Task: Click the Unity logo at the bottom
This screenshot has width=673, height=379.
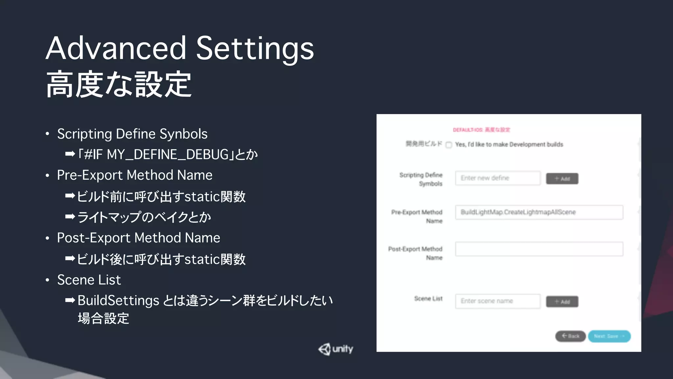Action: [336, 349]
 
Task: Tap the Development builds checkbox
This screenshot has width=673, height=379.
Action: [449, 145]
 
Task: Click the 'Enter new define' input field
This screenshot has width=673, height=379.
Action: [498, 178]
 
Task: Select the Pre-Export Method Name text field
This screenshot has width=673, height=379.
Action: [539, 212]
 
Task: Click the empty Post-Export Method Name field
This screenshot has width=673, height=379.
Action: [539, 249]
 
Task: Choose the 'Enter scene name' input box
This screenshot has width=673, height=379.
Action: [498, 301]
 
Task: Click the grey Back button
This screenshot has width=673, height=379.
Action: [570, 336]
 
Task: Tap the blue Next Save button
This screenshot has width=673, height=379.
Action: [609, 336]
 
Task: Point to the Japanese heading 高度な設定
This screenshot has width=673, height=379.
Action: [119, 85]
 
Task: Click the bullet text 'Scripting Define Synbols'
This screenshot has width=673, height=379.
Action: [132, 134]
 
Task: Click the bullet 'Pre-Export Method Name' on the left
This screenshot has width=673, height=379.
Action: [134, 175]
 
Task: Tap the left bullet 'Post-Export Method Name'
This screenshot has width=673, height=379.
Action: [138, 238]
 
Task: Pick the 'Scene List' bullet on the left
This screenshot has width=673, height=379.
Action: [89, 280]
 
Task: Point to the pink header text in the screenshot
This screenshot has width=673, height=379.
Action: [481, 130]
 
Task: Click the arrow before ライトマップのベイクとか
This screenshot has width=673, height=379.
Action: [70, 217]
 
